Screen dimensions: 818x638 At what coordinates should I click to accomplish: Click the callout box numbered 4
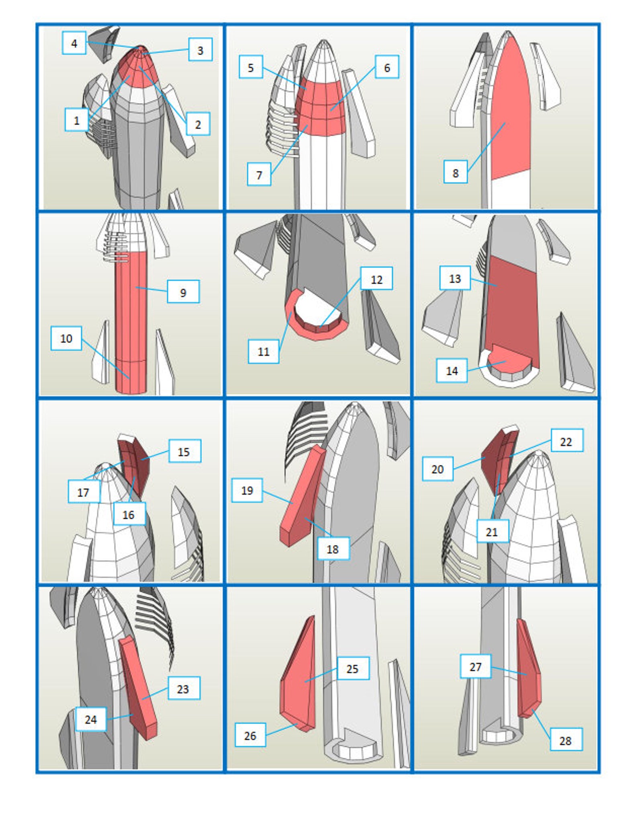pyautogui.click(x=74, y=43)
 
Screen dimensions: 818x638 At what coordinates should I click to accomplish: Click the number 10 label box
pyautogui.click(x=66, y=338)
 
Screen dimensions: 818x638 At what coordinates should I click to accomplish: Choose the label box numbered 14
pyautogui.click(x=452, y=370)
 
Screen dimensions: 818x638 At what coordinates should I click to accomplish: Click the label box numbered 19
pyautogui.click(x=247, y=490)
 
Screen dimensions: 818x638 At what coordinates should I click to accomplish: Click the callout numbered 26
pyautogui.click(x=250, y=736)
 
